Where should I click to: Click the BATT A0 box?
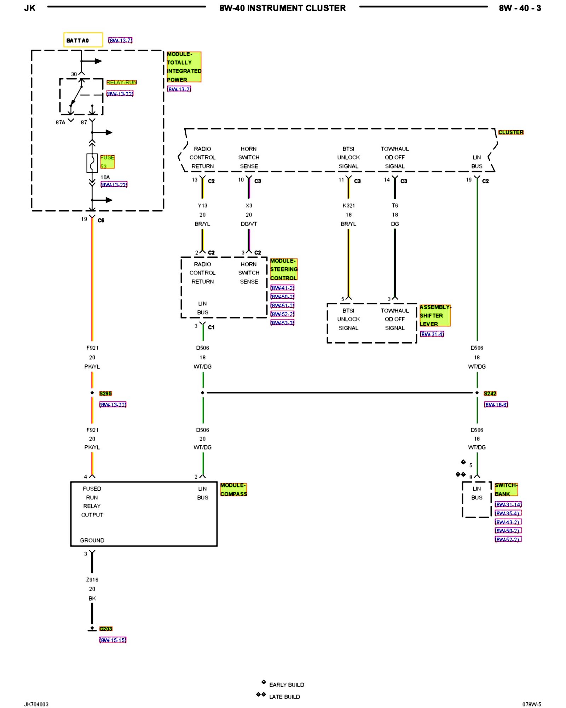(x=83, y=40)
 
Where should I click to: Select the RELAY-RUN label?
(x=121, y=82)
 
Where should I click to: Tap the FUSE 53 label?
(x=107, y=162)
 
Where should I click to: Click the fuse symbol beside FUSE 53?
(x=92, y=163)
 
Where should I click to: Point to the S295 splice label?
(x=105, y=393)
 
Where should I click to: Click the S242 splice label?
(x=490, y=393)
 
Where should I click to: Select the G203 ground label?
(x=106, y=629)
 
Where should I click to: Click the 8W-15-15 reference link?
(x=113, y=640)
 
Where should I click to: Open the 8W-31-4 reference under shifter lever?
(x=432, y=334)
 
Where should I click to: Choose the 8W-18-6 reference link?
(x=496, y=405)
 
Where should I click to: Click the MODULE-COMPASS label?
(x=233, y=490)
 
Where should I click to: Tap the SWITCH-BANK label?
(x=506, y=490)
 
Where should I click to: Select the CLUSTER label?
(x=511, y=132)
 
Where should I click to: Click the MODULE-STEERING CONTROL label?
(x=284, y=269)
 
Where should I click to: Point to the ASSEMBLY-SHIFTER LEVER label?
(x=435, y=315)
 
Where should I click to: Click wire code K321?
(x=348, y=205)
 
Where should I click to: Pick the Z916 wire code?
(x=92, y=579)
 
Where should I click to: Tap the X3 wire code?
(x=249, y=205)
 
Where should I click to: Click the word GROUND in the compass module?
(x=92, y=540)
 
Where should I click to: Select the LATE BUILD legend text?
(x=284, y=697)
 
